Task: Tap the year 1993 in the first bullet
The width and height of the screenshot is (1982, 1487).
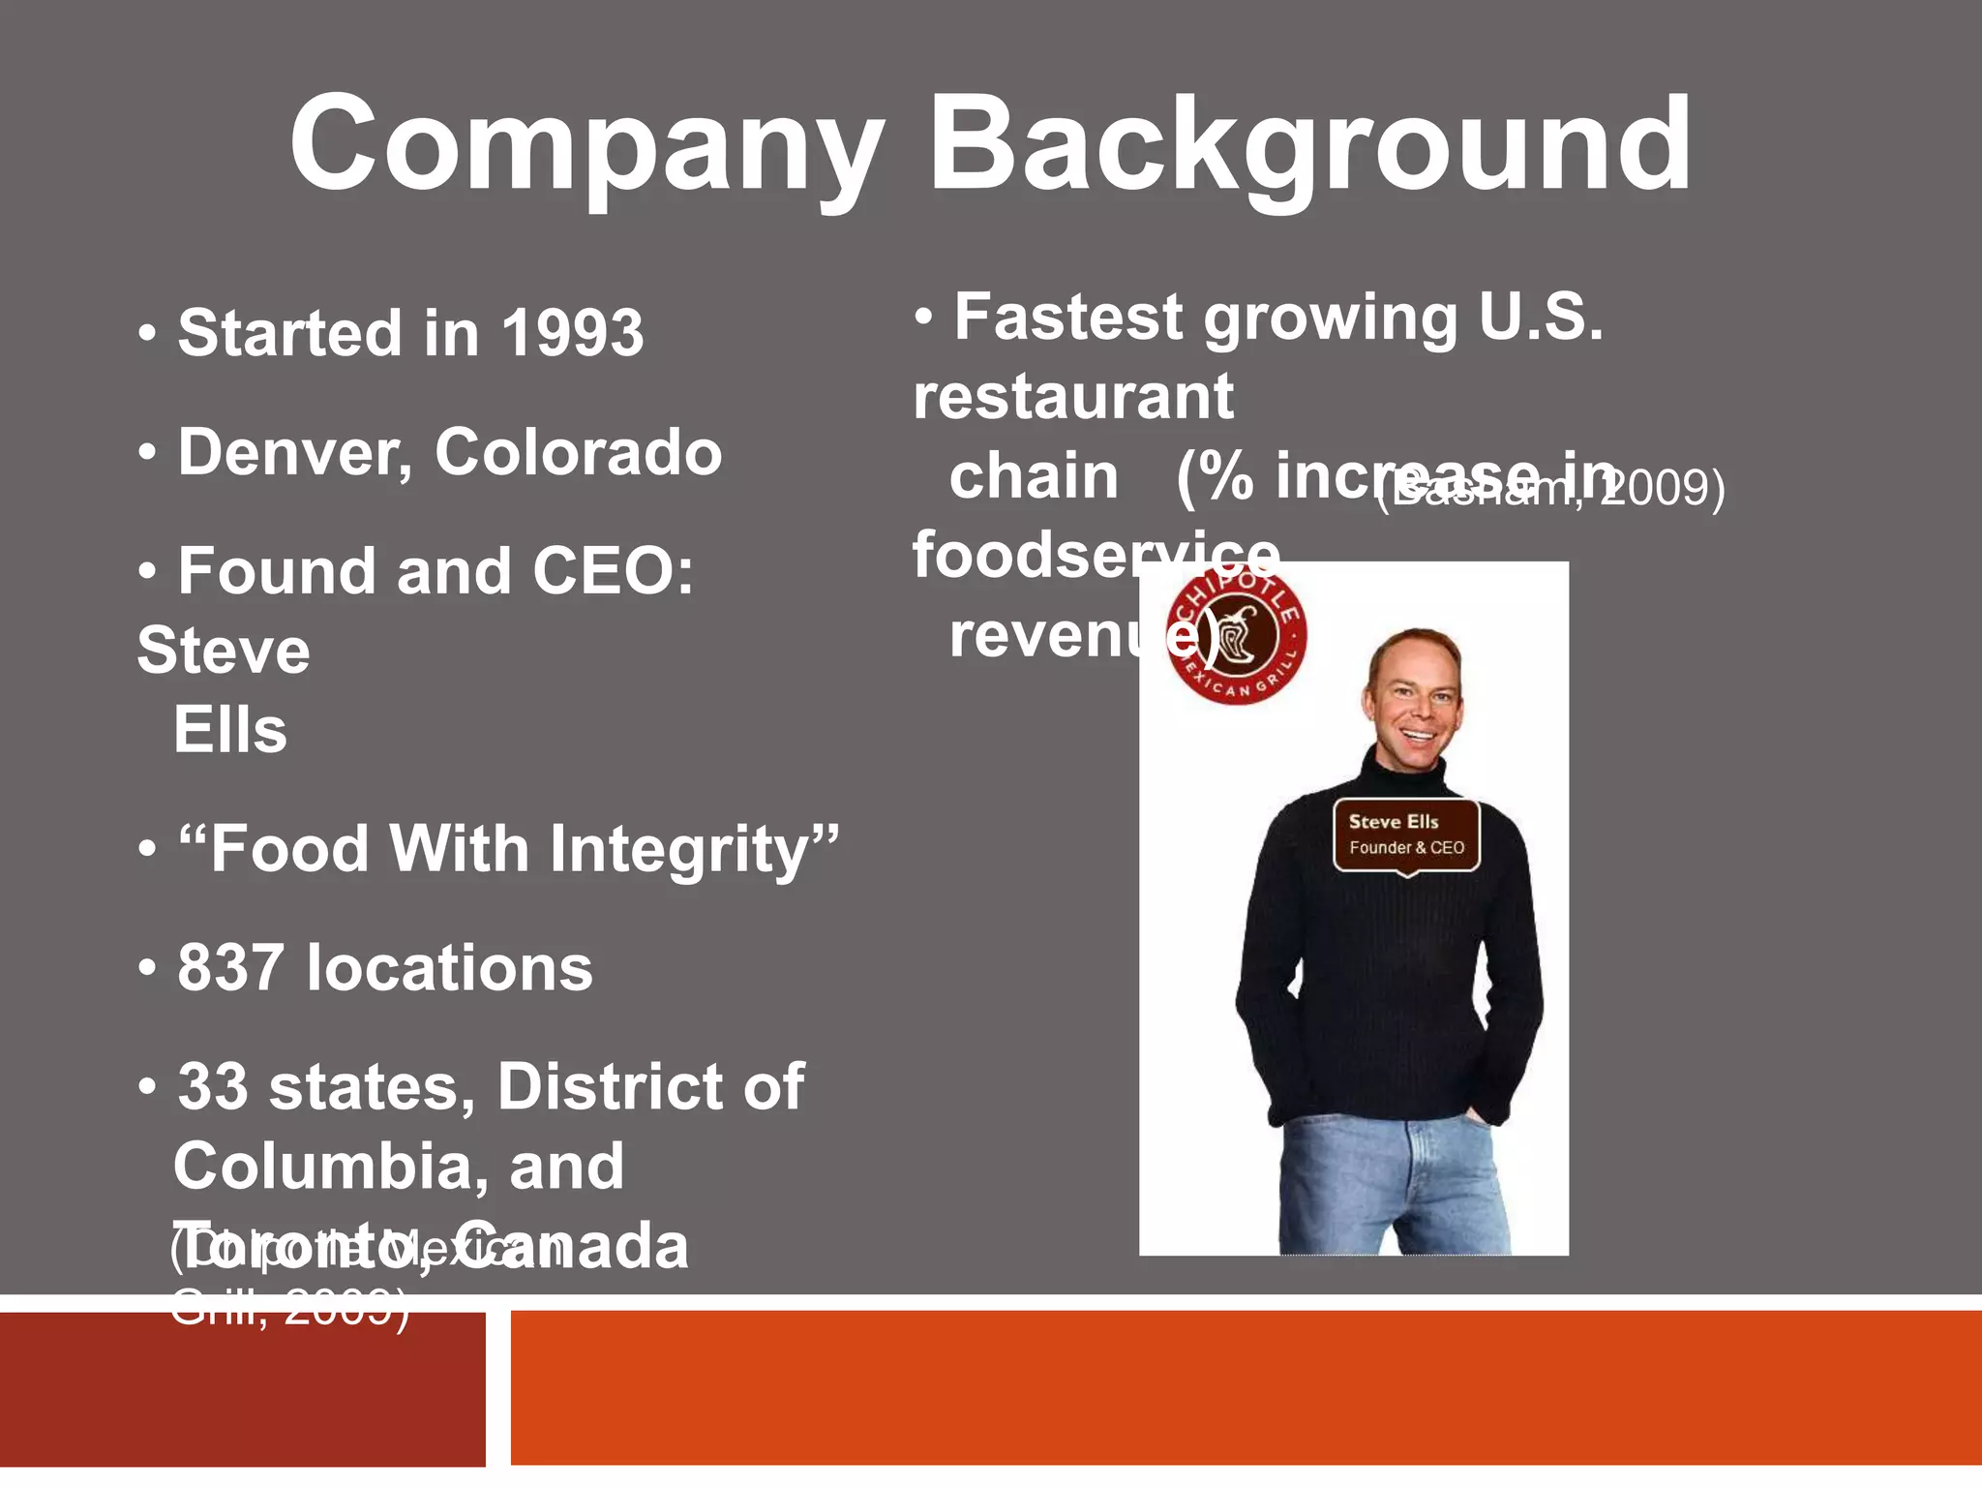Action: point(572,333)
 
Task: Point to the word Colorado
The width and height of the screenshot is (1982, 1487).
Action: point(578,452)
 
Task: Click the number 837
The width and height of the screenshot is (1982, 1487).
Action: point(230,968)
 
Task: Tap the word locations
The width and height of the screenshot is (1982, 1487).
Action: point(449,968)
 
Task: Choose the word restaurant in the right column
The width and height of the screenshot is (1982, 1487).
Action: point(1073,397)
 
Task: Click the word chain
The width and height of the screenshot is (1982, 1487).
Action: point(1034,476)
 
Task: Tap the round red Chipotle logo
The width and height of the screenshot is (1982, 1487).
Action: point(1236,636)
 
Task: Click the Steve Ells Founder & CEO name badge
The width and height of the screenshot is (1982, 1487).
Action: point(1406,835)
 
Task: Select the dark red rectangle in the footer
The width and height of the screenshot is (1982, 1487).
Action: point(242,1394)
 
